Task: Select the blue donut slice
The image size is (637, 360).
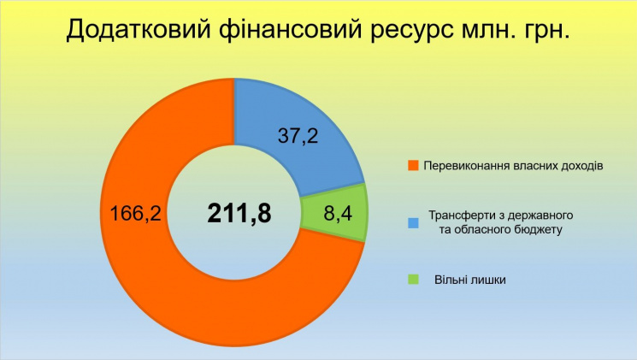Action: tap(298, 131)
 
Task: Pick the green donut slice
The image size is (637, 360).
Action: tap(334, 213)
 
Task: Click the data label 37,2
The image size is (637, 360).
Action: tap(298, 135)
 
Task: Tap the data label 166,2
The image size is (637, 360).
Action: tap(135, 213)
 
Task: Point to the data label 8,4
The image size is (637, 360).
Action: tap(338, 213)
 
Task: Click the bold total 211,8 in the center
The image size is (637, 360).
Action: tap(239, 213)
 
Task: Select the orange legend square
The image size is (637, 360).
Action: tap(413, 166)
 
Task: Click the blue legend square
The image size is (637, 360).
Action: tap(413, 222)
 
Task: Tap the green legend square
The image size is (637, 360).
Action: tap(413, 280)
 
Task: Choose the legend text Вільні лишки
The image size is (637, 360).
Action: tap(470, 280)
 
